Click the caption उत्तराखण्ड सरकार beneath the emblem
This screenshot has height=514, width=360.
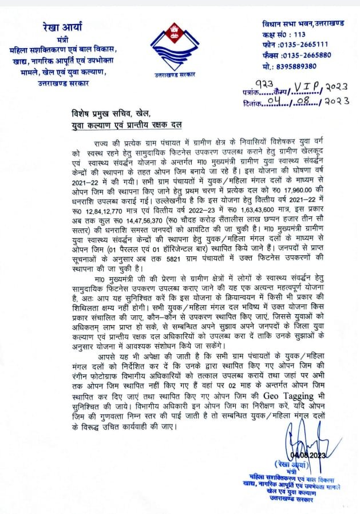pos(175,74)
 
